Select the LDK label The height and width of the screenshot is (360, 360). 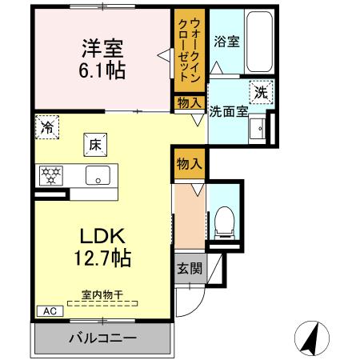(102, 238)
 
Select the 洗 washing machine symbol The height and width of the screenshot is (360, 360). (261, 92)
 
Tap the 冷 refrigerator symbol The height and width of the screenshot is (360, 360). (47, 127)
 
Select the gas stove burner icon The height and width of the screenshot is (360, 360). (50, 175)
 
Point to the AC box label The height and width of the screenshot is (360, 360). (48, 311)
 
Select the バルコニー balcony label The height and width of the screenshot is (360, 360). (102, 338)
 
